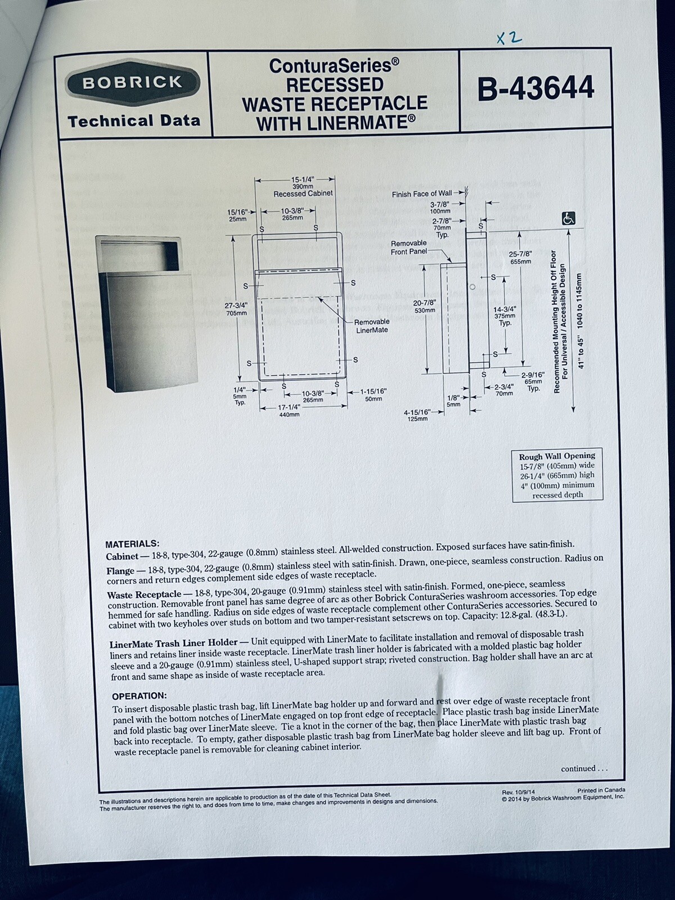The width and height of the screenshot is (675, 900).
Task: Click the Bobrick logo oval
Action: pyautogui.click(x=133, y=82)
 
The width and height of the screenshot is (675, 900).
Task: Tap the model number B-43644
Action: pyautogui.click(x=535, y=88)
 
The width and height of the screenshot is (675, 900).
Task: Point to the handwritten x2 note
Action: pyautogui.click(x=509, y=38)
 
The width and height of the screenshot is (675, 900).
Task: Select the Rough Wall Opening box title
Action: pyautogui.click(x=557, y=456)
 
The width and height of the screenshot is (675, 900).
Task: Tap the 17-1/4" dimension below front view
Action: pyautogui.click(x=289, y=408)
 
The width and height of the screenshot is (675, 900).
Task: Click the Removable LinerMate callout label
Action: pyautogui.click(x=372, y=325)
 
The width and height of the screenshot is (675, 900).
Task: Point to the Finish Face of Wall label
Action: pyautogui.click(x=421, y=193)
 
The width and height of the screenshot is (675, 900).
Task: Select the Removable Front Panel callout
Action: pyautogui.click(x=409, y=247)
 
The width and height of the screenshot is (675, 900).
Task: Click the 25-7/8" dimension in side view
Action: pyautogui.click(x=520, y=258)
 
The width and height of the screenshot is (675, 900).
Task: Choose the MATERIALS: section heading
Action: pyautogui.click(x=132, y=544)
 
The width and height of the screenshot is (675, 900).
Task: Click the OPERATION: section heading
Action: pyautogui.click(x=139, y=696)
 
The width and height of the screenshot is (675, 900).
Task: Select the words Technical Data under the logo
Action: pyautogui.click(x=134, y=120)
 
